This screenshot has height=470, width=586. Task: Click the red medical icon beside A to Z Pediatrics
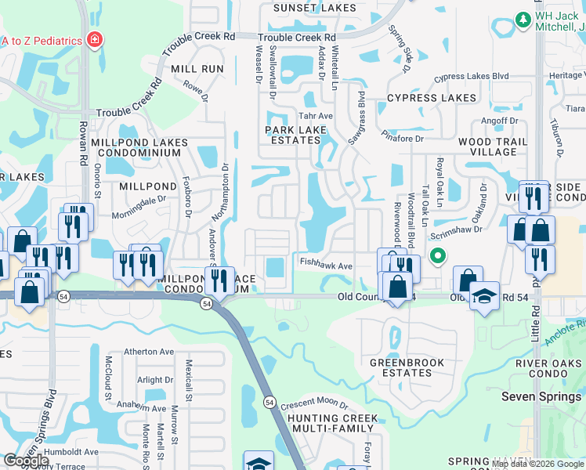[94, 38]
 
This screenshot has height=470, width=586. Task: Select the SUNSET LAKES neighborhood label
[314, 8]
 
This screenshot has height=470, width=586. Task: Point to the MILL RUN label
[197, 69]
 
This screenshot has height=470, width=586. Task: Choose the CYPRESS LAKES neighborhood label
[431, 98]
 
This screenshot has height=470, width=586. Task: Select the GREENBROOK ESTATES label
[407, 367]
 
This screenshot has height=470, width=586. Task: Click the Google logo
[27, 461]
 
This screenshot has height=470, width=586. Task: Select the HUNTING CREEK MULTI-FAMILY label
[332, 424]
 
